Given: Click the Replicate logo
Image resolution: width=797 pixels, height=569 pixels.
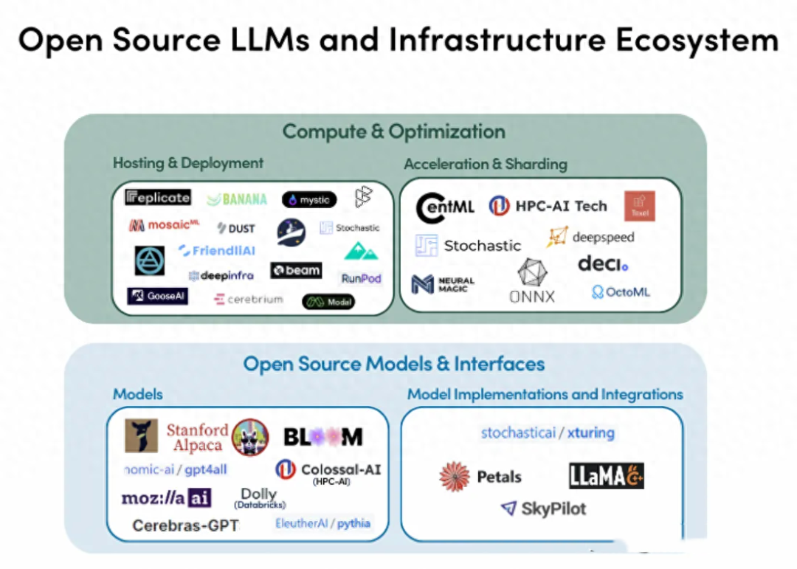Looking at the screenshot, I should (x=158, y=197).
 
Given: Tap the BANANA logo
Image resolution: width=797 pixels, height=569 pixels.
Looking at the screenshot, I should (x=237, y=199).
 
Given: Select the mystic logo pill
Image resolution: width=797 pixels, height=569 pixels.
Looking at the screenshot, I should (x=309, y=200).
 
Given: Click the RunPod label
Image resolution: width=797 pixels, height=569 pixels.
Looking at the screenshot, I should (x=361, y=279).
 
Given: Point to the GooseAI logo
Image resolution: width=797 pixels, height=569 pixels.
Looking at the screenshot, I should (x=157, y=297).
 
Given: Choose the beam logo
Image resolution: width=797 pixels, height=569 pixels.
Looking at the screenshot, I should (x=296, y=271).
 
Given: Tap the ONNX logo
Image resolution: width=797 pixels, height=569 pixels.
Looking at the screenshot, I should (x=532, y=281).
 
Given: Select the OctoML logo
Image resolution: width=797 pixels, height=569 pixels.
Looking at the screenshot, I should (x=621, y=292).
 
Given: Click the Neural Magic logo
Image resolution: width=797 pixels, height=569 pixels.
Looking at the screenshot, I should (x=444, y=284).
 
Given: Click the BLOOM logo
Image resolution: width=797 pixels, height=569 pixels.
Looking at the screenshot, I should (x=323, y=437).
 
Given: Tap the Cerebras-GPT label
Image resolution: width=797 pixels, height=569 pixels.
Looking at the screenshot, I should (x=185, y=525).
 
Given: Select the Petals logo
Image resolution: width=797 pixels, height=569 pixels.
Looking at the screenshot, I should (x=480, y=477).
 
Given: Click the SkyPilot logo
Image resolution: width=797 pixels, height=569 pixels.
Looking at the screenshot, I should (x=544, y=508).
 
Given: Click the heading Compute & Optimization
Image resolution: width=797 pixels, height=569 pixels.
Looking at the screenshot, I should (x=394, y=132).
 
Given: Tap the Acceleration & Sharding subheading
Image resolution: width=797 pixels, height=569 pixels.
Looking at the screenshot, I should (x=485, y=164).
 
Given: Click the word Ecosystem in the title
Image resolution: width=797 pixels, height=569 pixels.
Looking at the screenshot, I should (x=697, y=40).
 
